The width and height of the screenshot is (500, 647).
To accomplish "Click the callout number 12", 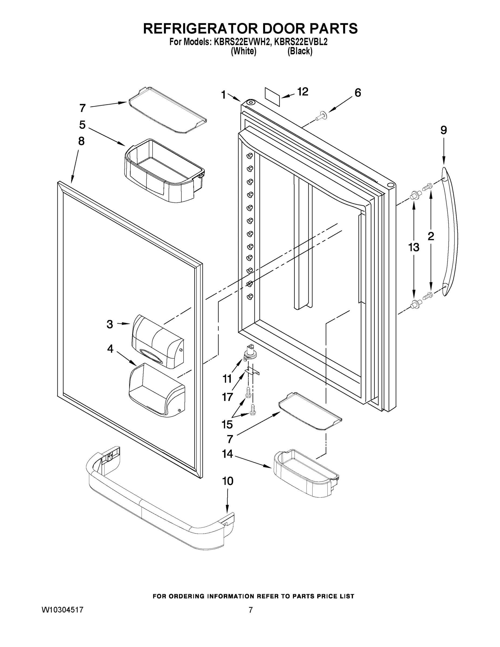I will click(302, 92).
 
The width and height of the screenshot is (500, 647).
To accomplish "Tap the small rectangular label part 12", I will click(272, 97).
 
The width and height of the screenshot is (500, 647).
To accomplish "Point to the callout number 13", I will click(413, 247).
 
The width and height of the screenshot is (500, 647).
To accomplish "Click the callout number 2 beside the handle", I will click(431, 236).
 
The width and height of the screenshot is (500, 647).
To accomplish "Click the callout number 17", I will click(227, 397).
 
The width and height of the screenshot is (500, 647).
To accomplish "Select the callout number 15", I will click(227, 424).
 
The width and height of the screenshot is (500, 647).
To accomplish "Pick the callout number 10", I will click(227, 481).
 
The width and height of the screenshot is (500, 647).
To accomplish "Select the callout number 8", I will click(81, 141).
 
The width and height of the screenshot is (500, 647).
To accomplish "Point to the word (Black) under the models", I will click(300, 51).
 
